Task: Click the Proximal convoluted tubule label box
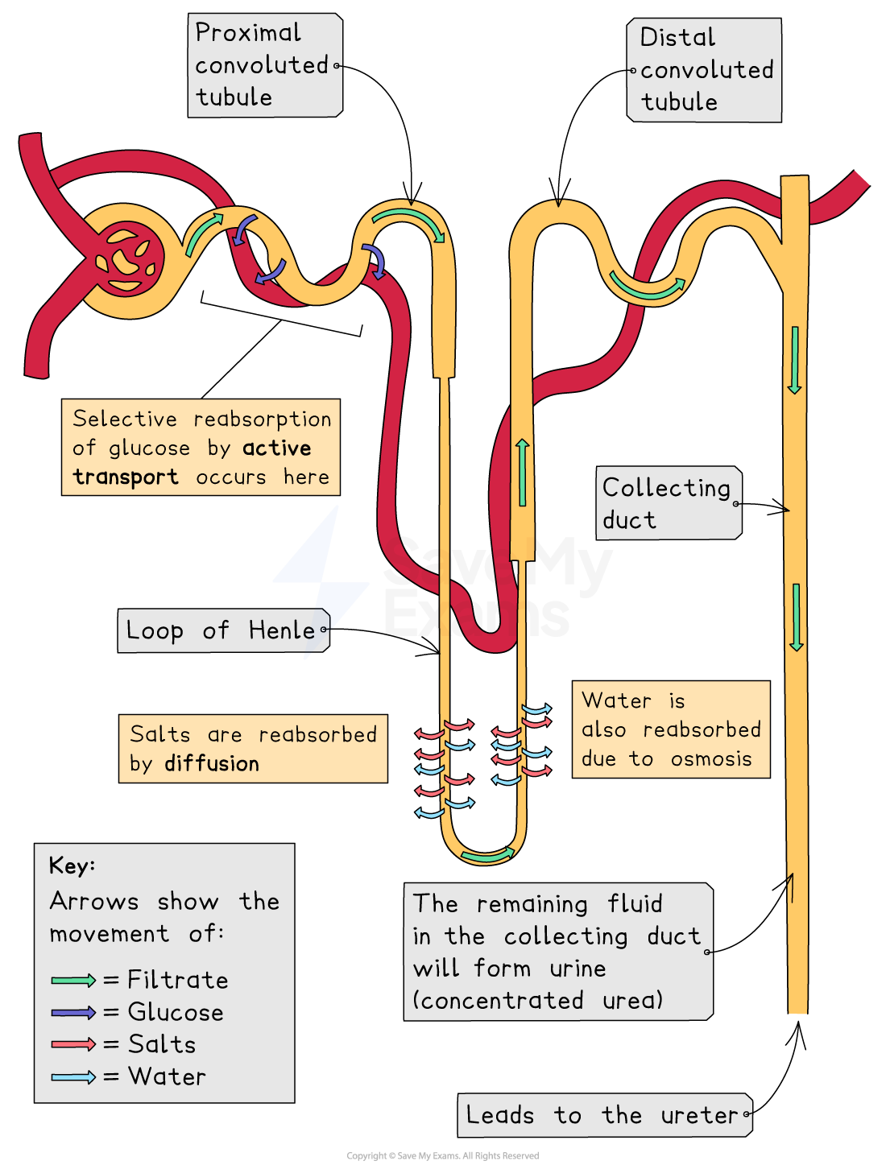[x=264, y=65]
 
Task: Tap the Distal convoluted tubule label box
[x=705, y=70]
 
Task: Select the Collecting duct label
[x=668, y=503]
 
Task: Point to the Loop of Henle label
[x=222, y=630]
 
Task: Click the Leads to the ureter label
[x=604, y=1115]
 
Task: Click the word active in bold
[x=277, y=448]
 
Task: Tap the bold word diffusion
[x=212, y=763]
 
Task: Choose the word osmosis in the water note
[x=711, y=758]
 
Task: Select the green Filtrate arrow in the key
[x=73, y=980]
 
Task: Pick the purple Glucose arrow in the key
[x=73, y=1012]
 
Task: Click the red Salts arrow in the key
[x=73, y=1044]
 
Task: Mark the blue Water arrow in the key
[x=73, y=1076]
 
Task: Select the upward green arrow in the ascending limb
[x=523, y=473]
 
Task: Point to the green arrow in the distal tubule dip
[x=647, y=288]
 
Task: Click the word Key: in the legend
[x=72, y=865]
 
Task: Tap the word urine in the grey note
[x=578, y=969]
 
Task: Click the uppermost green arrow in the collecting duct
[x=794, y=360]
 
